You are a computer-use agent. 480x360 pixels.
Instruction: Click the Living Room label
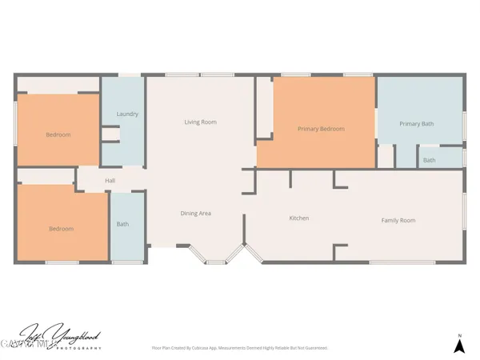(x=200, y=122)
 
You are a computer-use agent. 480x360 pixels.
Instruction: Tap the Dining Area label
(x=195, y=213)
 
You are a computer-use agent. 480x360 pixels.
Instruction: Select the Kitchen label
(x=298, y=218)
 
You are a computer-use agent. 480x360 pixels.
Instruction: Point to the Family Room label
(x=398, y=220)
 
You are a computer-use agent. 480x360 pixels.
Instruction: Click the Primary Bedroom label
(x=321, y=129)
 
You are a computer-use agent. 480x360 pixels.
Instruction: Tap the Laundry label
(x=127, y=114)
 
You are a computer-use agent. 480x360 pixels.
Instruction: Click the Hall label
(x=110, y=181)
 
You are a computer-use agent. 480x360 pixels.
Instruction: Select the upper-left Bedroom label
(x=58, y=135)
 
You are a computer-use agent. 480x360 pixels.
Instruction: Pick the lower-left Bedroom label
(x=61, y=229)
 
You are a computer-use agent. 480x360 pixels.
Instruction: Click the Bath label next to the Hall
(x=122, y=224)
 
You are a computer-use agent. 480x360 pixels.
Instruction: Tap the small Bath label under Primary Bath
(x=430, y=160)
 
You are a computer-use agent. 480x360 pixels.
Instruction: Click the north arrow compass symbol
(x=459, y=346)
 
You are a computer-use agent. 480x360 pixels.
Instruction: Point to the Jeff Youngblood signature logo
(x=59, y=335)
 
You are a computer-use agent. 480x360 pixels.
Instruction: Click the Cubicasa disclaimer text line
(x=239, y=348)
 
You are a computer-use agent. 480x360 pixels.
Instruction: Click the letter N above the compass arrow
(x=459, y=334)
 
